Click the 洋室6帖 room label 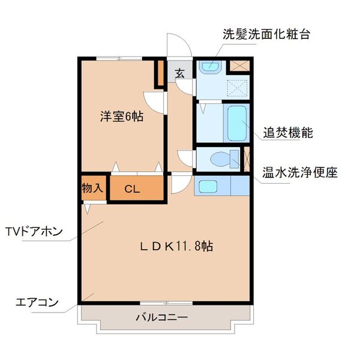(x=121, y=117)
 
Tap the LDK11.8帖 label (x=177, y=245)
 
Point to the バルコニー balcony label (x=161, y=316)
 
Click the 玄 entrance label (x=179, y=74)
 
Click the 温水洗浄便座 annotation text (x=299, y=173)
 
